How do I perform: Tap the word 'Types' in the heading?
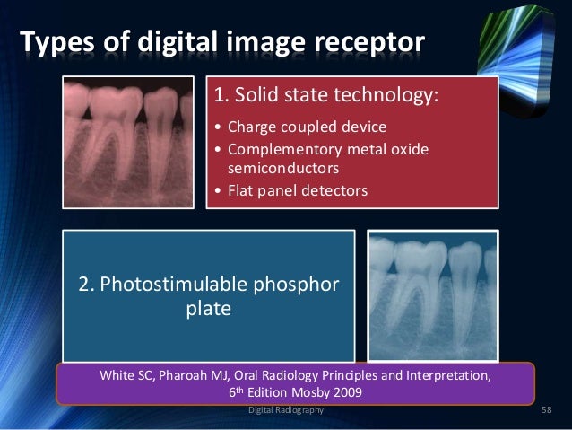click(56, 42)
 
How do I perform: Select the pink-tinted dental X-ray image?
click(128, 140)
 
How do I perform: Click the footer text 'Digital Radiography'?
click(286, 409)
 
